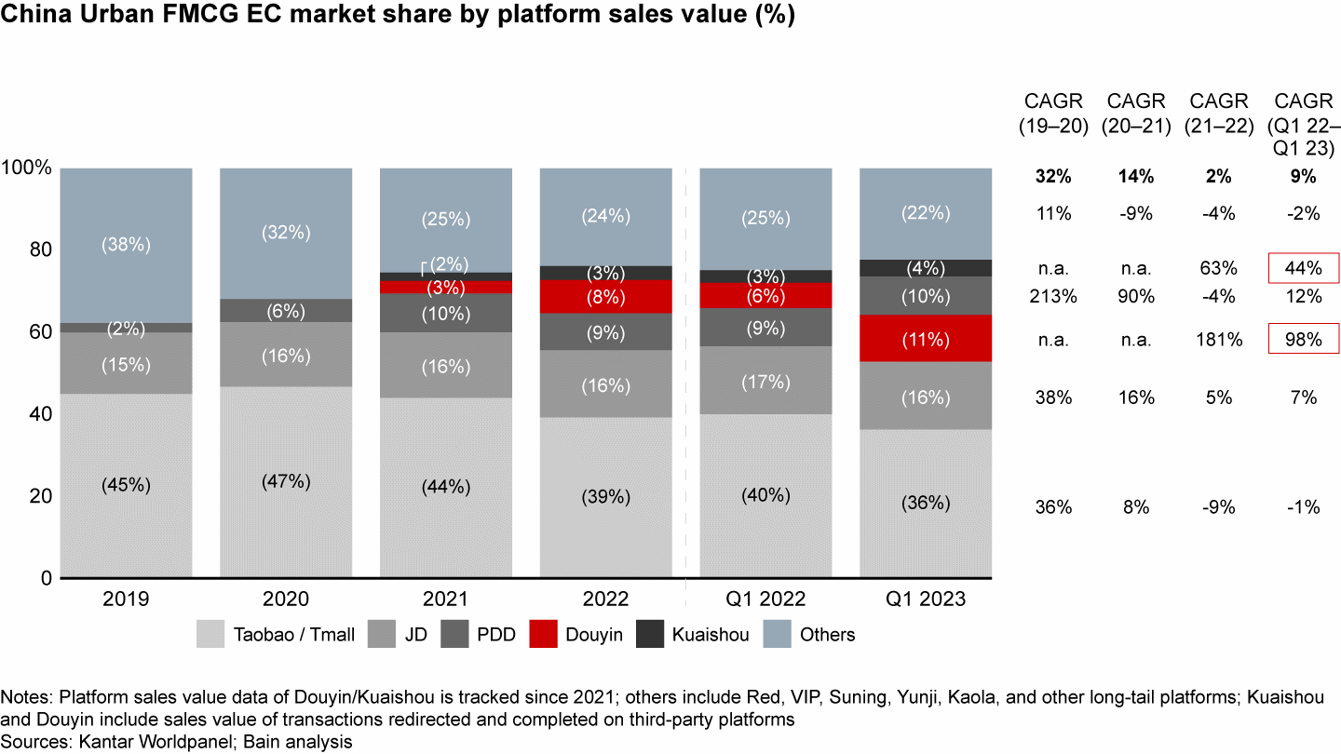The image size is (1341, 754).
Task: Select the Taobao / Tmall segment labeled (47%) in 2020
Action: pyautogui.click(x=285, y=482)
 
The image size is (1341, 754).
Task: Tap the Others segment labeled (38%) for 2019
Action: pyautogui.click(x=126, y=245)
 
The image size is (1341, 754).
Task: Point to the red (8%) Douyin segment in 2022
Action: pyautogui.click(x=605, y=297)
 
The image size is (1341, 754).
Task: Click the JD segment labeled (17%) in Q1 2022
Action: pyautogui.click(x=765, y=381)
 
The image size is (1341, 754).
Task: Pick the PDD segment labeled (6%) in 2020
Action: pyautogui.click(x=285, y=311)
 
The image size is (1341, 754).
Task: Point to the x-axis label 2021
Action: pyautogui.click(x=445, y=600)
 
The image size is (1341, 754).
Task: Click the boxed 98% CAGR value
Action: pyautogui.click(x=1305, y=341)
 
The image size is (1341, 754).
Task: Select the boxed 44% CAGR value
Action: pyautogui.click(x=1305, y=268)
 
